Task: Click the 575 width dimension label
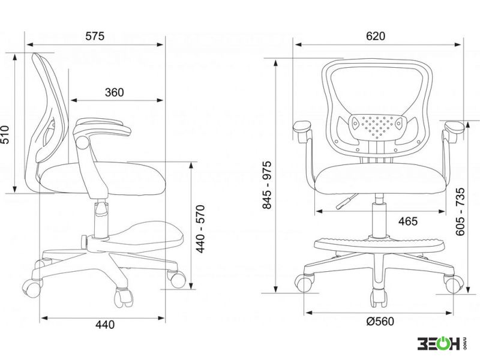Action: [95, 36]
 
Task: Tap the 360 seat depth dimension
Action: [114, 92]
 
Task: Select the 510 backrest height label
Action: [5, 134]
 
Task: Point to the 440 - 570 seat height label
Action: [200, 229]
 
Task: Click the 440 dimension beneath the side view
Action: [104, 325]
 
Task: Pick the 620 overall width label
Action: [376, 36]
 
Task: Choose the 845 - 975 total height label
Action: [267, 185]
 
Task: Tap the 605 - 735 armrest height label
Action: [460, 212]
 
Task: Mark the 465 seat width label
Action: [408, 221]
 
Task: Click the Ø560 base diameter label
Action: [380, 322]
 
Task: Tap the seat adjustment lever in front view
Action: [346, 202]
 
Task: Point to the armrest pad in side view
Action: [103, 127]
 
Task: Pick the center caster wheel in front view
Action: [379, 298]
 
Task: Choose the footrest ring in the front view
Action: [379, 244]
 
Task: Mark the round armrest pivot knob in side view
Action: [82, 143]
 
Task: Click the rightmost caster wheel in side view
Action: [177, 278]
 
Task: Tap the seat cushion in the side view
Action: [103, 178]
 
